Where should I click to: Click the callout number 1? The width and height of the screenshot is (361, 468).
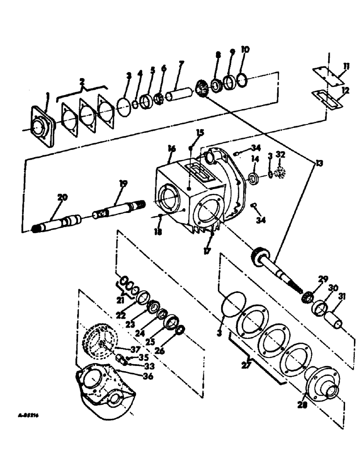tap(46, 96)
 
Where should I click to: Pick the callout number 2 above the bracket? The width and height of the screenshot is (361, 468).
tap(82, 82)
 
